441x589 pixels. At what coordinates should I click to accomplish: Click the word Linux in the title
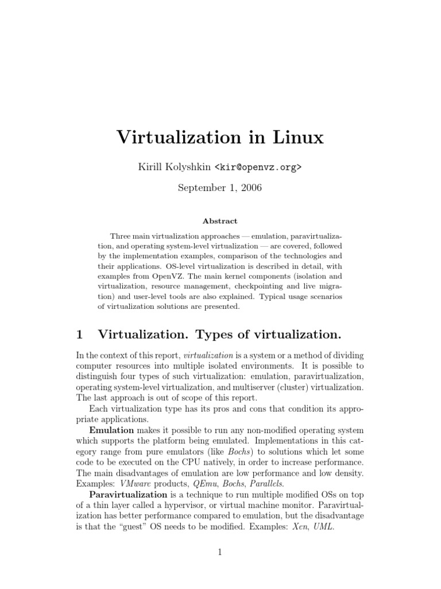(293, 137)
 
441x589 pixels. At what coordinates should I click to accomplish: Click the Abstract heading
(220, 221)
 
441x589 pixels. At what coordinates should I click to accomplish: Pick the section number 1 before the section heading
(80, 334)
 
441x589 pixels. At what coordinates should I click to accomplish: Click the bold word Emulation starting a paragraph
(111, 430)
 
